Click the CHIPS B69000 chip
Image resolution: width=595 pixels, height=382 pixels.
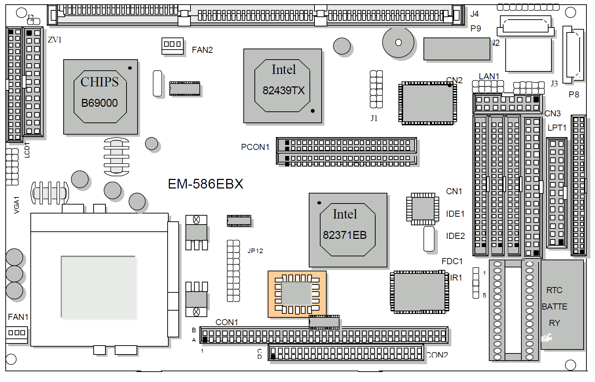coord(100,97)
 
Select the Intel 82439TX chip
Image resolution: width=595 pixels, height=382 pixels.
coord(283,86)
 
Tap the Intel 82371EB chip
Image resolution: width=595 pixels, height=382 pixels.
coord(348,230)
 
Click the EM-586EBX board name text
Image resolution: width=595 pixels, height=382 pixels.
coord(205,184)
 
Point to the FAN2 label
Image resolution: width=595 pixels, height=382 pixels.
coord(202,50)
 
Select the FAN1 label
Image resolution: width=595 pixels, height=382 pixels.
coord(18,317)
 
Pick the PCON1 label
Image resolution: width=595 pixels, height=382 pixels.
coord(255,147)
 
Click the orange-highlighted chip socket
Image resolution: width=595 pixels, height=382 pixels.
coord(297,294)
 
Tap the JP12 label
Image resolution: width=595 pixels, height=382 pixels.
coord(255,251)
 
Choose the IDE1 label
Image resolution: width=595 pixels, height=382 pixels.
coord(455,214)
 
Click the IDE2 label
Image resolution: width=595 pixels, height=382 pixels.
coord(455,236)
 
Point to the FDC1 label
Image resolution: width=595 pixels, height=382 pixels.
coord(452,261)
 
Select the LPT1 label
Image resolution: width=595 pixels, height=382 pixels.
coord(557,128)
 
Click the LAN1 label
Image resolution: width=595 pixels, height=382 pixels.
coord(489,76)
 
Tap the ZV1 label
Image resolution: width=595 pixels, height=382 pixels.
coord(55,40)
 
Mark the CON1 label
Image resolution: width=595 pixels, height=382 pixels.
coord(227,322)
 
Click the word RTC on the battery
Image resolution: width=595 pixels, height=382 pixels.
coord(554,290)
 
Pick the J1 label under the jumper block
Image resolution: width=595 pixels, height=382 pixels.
coord(374,118)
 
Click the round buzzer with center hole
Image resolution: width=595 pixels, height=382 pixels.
coord(398,42)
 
